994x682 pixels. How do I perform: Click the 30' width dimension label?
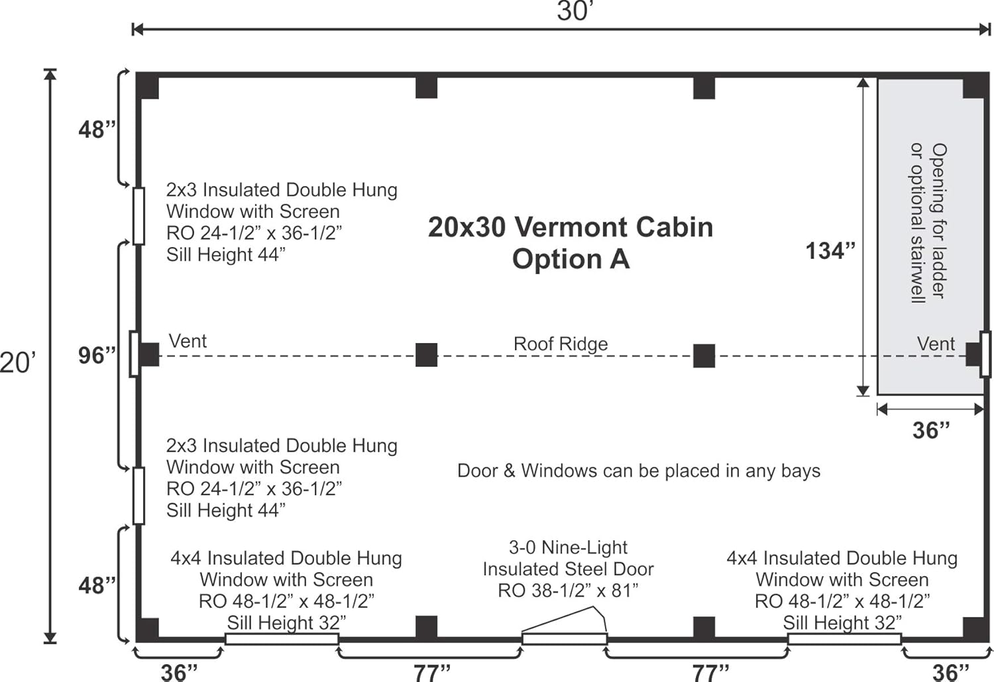tap(574, 11)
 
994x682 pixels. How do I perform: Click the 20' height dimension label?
tap(17, 362)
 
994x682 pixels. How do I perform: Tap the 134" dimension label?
tap(830, 251)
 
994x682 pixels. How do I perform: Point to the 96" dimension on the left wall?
tap(97, 356)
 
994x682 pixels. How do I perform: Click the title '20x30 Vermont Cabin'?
tap(570, 227)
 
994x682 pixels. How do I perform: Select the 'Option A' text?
tap(570, 259)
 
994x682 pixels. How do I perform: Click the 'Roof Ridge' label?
tap(561, 344)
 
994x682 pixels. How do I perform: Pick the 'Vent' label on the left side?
tap(188, 342)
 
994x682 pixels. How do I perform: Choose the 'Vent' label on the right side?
tap(936, 344)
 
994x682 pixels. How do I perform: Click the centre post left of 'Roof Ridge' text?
tap(426, 356)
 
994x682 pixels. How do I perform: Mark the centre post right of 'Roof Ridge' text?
tap(704, 356)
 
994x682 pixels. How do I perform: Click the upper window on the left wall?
tap(138, 216)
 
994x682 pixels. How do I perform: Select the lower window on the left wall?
tap(138, 495)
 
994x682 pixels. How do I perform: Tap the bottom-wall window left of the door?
tap(282, 639)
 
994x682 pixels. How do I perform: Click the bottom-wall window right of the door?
tap(844, 639)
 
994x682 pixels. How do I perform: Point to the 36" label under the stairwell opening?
tap(930, 430)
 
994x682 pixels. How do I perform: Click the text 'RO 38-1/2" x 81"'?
tap(568, 591)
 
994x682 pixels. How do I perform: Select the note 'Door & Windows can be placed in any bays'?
tap(638, 471)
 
